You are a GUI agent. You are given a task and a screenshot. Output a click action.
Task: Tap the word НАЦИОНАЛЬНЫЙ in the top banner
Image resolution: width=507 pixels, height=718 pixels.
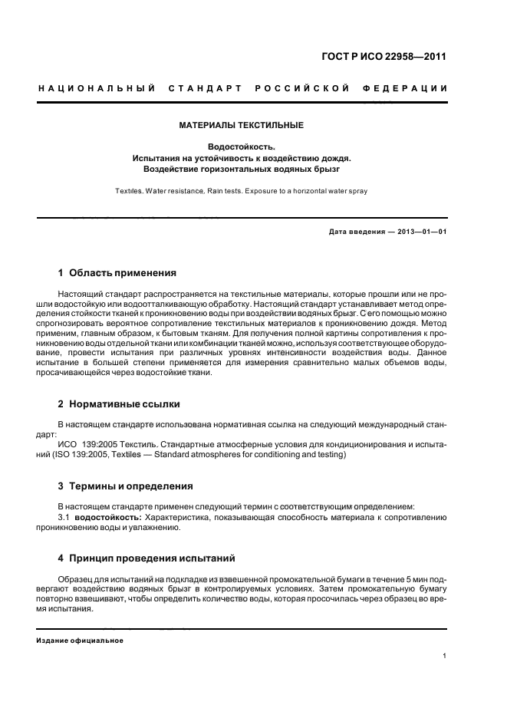pyautogui.click(x=97, y=90)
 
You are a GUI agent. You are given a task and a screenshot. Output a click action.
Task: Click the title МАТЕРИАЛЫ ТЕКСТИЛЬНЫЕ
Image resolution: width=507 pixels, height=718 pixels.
pyautogui.click(x=242, y=124)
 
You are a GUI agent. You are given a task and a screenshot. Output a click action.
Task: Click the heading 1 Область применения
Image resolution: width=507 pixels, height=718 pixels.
pyautogui.click(x=117, y=272)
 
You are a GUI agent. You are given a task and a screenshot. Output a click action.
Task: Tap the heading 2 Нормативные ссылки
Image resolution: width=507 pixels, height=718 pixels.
pyautogui.click(x=119, y=403)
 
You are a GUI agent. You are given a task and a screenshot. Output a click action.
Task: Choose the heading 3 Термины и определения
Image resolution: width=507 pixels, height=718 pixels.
pyautogui.click(x=126, y=486)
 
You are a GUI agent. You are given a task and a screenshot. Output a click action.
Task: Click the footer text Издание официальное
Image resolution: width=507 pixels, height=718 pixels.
pyautogui.click(x=80, y=640)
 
